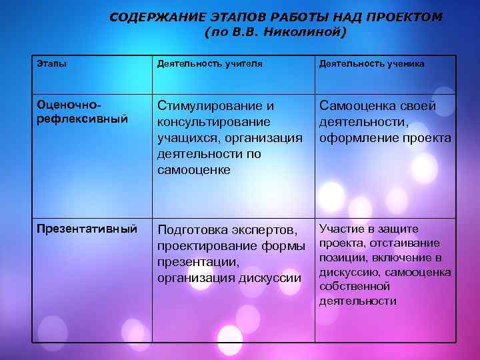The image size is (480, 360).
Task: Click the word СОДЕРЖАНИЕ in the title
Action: [x=145, y=17]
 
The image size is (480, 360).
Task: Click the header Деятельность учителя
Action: [x=209, y=63]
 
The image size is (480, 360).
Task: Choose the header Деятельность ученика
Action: [x=371, y=63]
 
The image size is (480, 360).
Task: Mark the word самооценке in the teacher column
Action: [x=193, y=169]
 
